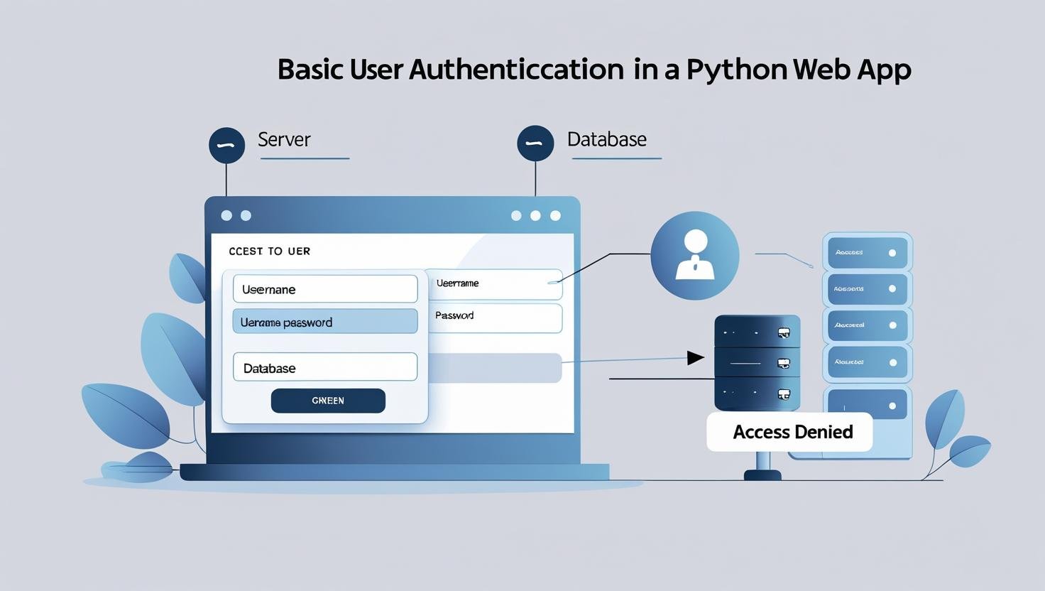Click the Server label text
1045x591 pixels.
284,139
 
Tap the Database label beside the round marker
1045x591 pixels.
606,139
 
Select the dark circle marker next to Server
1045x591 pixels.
226,145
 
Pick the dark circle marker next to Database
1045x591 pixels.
535,143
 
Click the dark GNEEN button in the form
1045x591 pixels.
328,401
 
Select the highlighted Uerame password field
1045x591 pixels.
325,322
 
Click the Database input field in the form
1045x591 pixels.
325,367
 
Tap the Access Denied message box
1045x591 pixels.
790,432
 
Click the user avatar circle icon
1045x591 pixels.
694,256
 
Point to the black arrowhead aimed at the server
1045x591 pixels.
694,358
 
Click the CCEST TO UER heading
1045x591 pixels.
269,251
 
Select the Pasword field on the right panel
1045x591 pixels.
495,318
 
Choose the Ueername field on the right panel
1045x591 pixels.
495,283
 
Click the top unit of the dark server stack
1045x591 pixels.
757,332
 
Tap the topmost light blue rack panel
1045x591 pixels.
867,253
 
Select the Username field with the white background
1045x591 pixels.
325,289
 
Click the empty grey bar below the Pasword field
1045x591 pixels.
495,368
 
